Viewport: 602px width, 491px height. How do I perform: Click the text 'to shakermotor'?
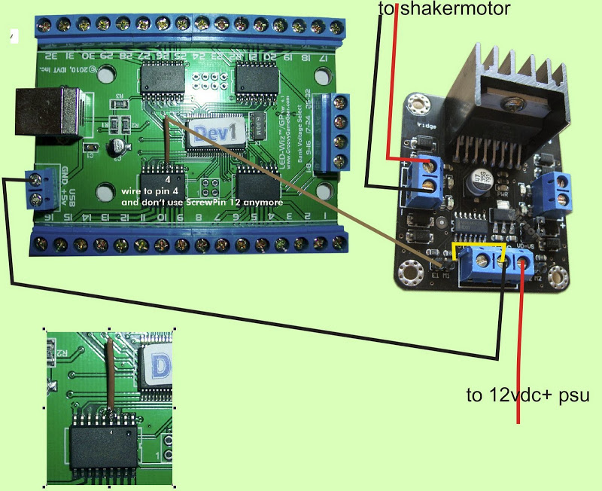(x=444, y=9)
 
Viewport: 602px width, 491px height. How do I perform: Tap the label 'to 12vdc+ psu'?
(x=523, y=395)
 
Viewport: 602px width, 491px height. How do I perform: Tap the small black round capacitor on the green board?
(x=117, y=148)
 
